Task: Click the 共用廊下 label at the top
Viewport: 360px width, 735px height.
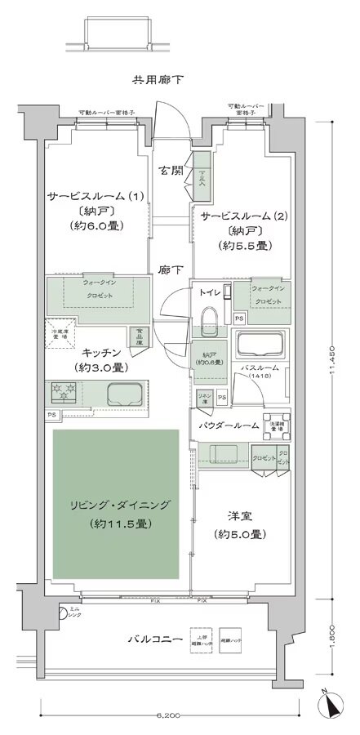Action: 158,80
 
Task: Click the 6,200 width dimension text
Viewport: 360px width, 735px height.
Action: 166,715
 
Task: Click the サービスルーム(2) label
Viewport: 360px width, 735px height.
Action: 238,216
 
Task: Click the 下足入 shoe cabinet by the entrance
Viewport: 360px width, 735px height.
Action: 201,176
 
